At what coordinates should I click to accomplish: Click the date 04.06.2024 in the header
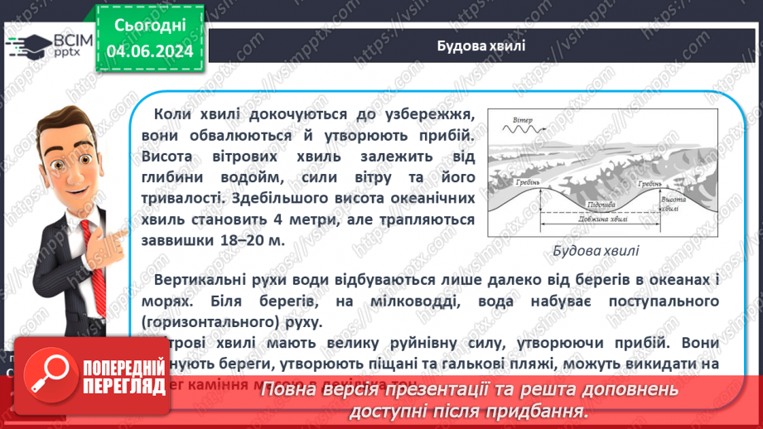pos(150,51)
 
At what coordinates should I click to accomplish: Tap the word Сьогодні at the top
pos(150,25)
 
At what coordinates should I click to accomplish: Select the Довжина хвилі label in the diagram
pos(596,219)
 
